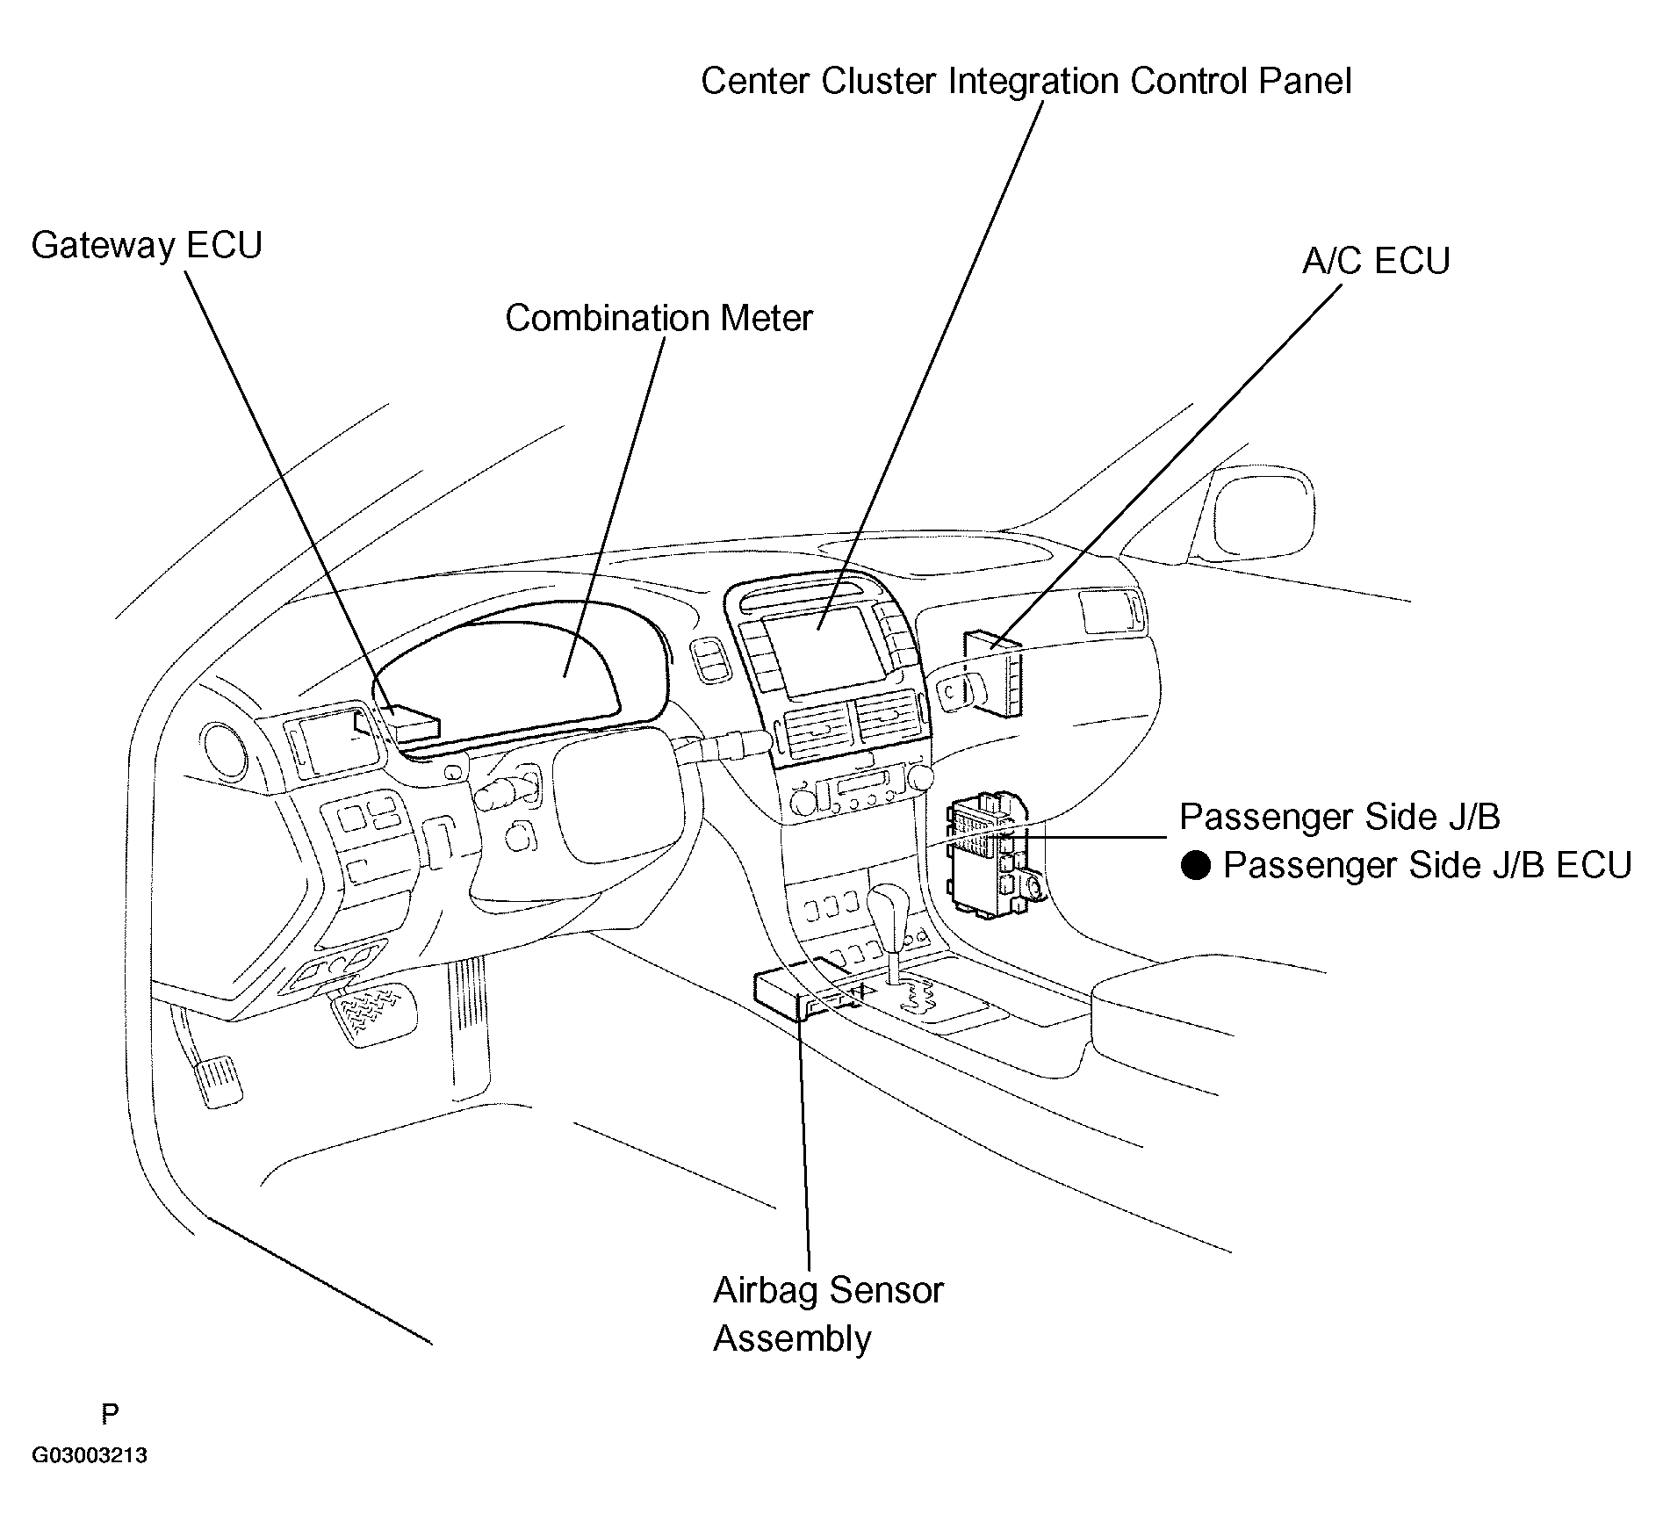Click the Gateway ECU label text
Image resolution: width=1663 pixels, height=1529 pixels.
click(147, 245)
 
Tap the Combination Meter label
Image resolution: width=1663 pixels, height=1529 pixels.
click(659, 318)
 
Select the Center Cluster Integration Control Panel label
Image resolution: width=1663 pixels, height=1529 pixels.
click(1026, 81)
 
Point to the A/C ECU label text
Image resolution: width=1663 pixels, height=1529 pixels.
click(1376, 261)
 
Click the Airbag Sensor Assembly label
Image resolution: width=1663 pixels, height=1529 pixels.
click(828, 1314)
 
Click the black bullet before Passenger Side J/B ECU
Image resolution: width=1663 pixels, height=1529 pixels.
click(1195, 866)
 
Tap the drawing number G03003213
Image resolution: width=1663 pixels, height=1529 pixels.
click(90, 1456)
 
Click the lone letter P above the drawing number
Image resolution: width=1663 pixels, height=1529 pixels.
click(110, 1414)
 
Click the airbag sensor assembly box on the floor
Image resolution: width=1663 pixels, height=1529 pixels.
click(802, 992)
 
